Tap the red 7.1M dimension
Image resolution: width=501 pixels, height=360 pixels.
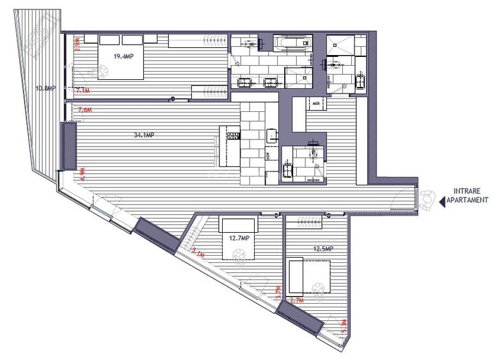click(84, 91)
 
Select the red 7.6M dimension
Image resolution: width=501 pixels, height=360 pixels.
click(84, 110)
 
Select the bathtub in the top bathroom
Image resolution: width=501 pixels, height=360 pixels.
click(293, 43)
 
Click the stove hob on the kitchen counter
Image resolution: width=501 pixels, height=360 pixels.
click(233, 135)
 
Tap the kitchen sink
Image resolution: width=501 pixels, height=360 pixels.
click(272, 135)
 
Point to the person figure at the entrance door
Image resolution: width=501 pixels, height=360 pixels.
click(427, 200)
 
